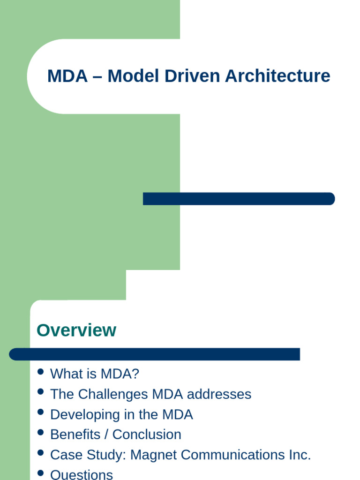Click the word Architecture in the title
point(277,76)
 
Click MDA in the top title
point(67,76)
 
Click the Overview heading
point(76,330)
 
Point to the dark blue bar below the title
point(239,199)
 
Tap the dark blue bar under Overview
point(154,354)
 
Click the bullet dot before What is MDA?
point(40,372)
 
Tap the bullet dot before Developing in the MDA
point(40,412)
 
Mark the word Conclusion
point(147,435)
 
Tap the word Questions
point(82,474)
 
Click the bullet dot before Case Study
point(40,453)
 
